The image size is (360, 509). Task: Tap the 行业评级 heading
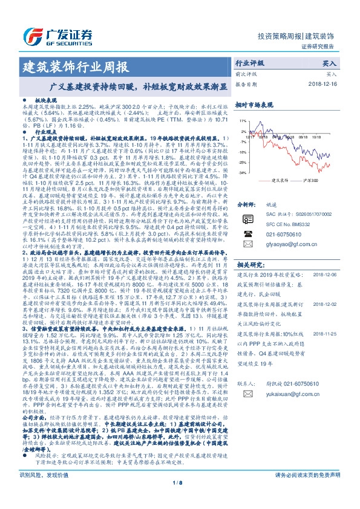(249, 63)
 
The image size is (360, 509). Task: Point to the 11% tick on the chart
(242, 121)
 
